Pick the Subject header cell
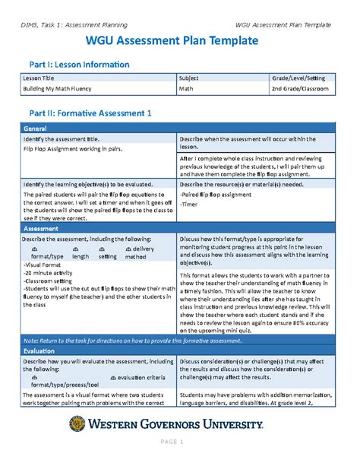click(x=189, y=78)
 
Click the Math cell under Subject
click(x=186, y=89)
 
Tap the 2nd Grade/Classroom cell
click(x=301, y=89)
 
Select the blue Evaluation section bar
click(x=179, y=353)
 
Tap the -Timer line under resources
click(x=190, y=204)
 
